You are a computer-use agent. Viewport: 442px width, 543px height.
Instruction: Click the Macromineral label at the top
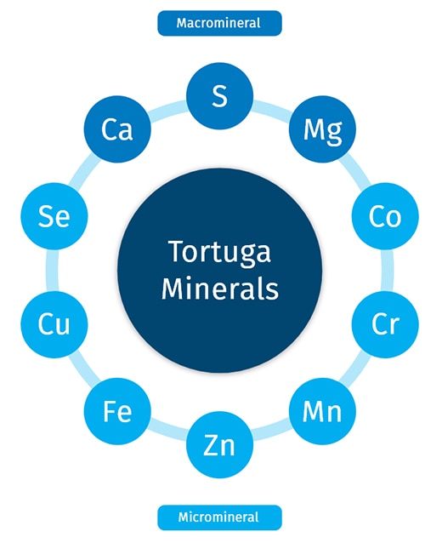coord(219,23)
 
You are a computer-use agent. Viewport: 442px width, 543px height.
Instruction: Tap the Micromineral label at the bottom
coord(219,517)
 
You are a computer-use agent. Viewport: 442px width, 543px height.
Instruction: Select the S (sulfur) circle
coord(219,96)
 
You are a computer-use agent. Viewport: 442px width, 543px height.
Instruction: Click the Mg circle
coord(322,129)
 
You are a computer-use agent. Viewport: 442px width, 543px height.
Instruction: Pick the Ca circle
coord(117,129)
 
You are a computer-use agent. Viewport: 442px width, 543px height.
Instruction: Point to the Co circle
coord(385,216)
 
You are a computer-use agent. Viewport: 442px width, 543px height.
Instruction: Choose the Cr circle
coord(385,324)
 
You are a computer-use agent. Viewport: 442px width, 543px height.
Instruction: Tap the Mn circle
coord(322,411)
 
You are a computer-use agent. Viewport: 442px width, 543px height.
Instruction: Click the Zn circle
coord(219,444)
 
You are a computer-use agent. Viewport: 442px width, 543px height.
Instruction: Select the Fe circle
coord(117,411)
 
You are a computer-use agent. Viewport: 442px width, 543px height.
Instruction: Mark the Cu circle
coord(54,324)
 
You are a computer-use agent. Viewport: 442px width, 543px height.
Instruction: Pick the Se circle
coord(54,216)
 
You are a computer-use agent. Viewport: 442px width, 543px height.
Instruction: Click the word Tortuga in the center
coord(219,252)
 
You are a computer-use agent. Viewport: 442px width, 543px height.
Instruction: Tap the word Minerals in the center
coord(220,289)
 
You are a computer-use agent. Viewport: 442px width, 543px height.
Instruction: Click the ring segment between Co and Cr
coord(388,271)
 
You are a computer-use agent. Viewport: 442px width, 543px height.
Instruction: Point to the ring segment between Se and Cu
coord(52,271)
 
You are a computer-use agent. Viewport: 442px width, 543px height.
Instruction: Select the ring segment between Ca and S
coord(168,108)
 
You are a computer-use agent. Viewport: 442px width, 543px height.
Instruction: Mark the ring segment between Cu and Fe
coord(82,369)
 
